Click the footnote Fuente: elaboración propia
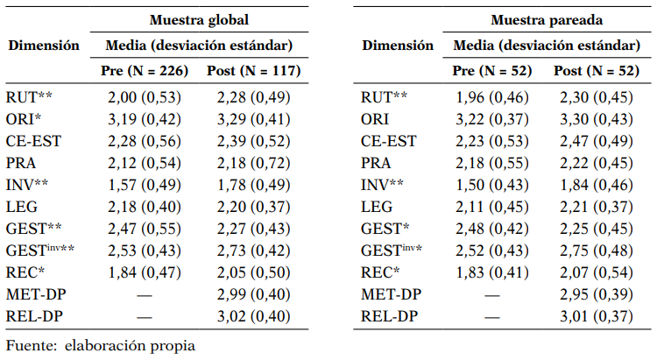[x=100, y=345]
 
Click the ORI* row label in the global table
[x=25, y=118]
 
